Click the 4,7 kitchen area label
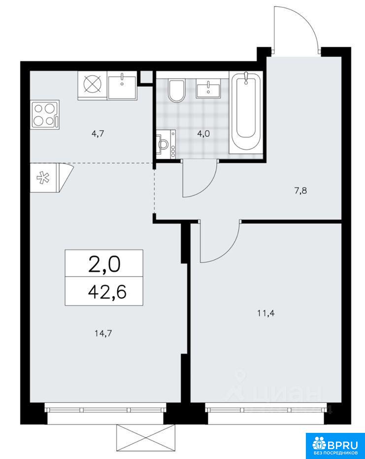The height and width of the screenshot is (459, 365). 98,134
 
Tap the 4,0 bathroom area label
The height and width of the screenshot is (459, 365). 203,134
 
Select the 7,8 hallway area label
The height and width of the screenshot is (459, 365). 300,191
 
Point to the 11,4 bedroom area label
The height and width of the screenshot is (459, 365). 266,314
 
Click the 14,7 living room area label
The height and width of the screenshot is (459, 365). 103,333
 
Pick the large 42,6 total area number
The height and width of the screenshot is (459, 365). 107,291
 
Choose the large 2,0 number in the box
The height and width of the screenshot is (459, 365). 104,265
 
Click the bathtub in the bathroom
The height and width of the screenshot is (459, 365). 246,113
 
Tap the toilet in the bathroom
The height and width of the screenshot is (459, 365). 177,91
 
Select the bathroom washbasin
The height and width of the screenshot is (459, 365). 208,88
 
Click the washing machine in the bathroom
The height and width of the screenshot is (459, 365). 166,144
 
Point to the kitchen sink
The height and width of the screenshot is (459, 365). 122,86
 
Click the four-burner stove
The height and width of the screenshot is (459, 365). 45,115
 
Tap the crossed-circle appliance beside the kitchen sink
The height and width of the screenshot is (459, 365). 93,85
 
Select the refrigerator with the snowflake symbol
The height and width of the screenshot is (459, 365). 51,177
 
